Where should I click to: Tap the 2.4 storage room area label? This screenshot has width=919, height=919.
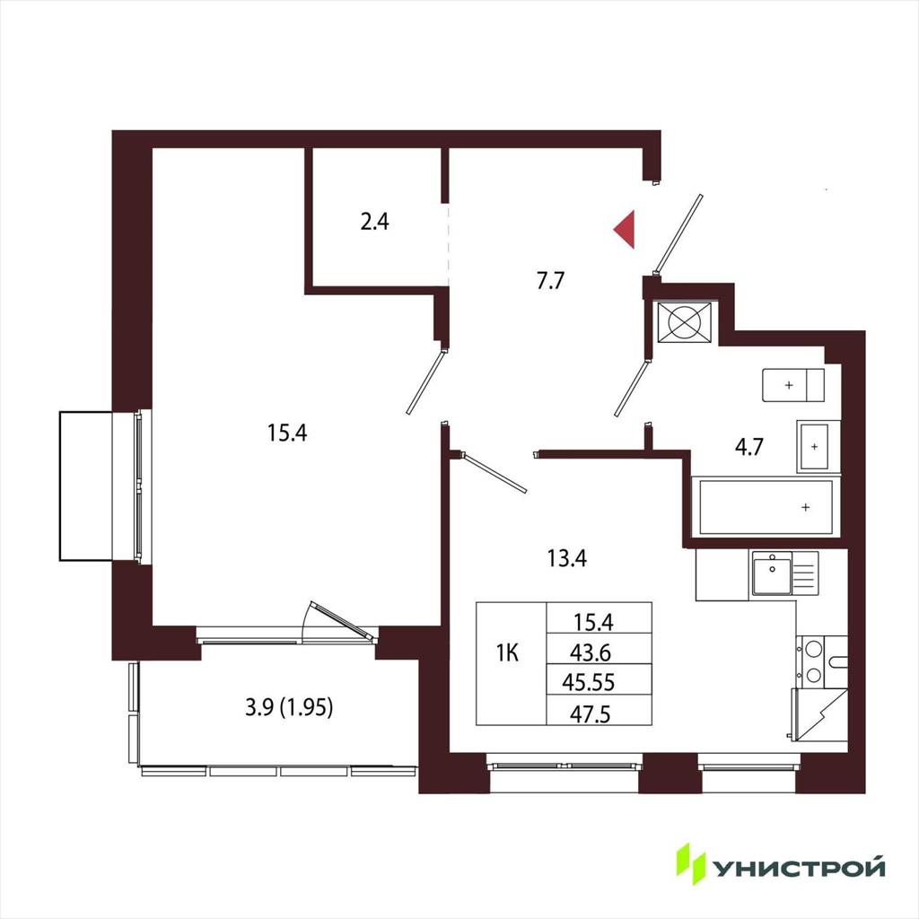point(374,223)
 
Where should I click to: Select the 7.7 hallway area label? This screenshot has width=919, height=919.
point(550,281)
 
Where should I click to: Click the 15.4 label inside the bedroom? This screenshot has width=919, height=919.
point(287,433)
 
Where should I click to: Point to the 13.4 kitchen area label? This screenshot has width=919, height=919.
point(567,558)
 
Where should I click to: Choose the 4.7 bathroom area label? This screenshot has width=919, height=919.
point(749,447)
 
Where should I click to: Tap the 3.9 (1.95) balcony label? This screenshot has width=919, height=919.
point(290,707)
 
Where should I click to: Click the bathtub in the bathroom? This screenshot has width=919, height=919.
point(766,508)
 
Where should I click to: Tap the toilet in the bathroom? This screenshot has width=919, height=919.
point(793,385)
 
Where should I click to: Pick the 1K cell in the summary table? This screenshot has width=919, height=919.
point(508,653)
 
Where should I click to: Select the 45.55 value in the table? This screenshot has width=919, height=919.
point(589,682)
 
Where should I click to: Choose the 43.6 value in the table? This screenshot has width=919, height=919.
point(591,652)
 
